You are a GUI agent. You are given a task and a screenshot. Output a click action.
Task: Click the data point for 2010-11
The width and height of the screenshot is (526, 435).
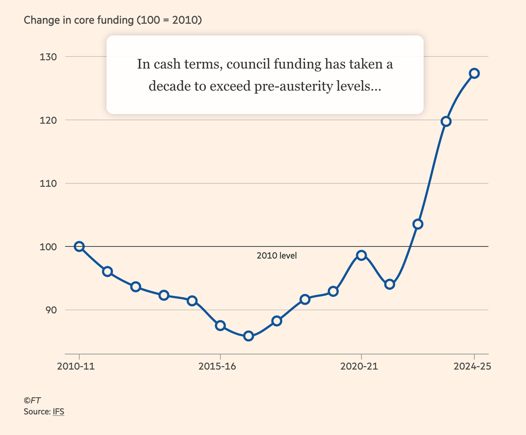click(79, 246)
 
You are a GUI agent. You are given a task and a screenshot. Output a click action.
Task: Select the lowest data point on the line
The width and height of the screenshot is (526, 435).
click(249, 336)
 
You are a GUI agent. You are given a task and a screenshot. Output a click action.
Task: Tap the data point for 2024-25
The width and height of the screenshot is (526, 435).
click(474, 73)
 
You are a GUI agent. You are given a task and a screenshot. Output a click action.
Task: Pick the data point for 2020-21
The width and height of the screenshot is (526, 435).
click(361, 255)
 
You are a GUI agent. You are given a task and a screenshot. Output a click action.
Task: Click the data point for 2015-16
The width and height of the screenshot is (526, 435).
click(220, 325)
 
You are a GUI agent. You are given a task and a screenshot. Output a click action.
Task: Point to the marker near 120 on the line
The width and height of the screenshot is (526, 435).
click(446, 121)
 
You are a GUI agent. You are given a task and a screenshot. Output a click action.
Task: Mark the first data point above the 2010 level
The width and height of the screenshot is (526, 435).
click(418, 224)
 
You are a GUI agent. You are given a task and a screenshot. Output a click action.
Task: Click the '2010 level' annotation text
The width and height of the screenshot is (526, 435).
click(277, 255)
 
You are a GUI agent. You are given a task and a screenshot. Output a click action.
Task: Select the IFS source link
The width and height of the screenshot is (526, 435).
click(59, 412)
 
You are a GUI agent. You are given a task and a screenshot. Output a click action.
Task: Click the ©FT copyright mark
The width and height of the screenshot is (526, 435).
click(32, 400)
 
